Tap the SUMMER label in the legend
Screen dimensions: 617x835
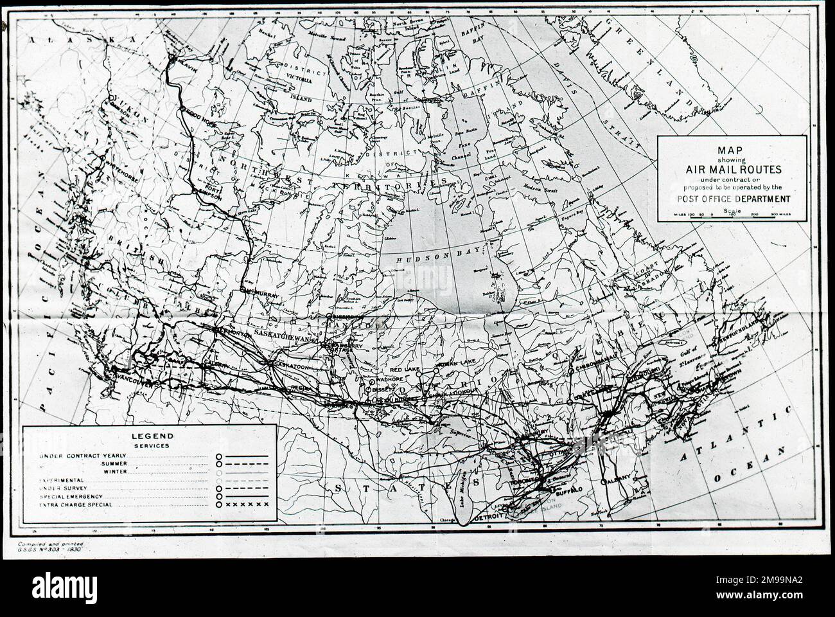(x=114, y=463)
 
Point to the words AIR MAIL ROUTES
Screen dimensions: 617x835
(x=731, y=169)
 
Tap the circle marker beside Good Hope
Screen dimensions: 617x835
(x=184, y=111)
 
